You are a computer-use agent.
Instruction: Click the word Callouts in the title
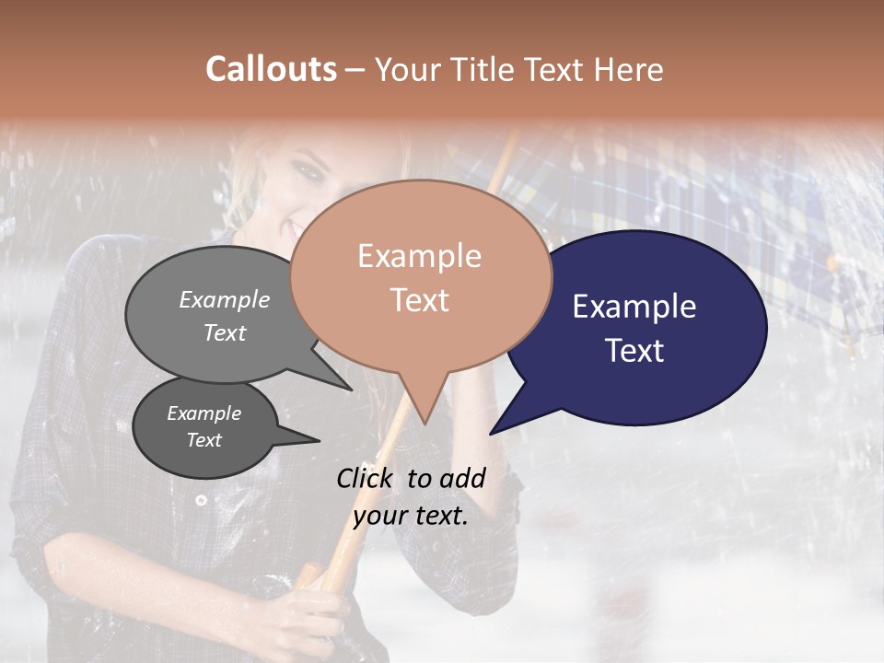coord(271,69)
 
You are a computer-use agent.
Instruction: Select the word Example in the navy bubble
coord(634,307)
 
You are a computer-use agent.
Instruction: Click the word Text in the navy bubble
coord(634,351)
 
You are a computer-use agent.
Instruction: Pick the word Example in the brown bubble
coord(419,256)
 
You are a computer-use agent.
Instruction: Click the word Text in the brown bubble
coord(419,300)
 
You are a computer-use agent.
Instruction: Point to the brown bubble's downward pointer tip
coord(425,424)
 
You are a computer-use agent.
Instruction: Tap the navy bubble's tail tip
coord(491,433)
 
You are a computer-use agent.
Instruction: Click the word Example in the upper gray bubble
coord(224,300)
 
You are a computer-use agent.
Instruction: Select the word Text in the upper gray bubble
coord(224,333)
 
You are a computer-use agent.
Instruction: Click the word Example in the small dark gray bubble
coord(204,413)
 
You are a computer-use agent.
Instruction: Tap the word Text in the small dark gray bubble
coord(204,440)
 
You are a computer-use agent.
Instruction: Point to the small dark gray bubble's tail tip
coord(319,441)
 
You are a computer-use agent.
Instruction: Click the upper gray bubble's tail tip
coord(351,390)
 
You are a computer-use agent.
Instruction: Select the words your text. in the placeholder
coord(410,516)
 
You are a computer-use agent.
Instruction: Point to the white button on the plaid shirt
coord(201,500)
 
